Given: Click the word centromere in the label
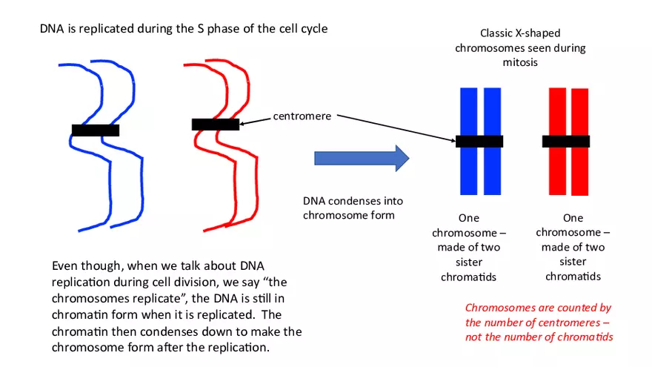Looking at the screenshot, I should (302, 116).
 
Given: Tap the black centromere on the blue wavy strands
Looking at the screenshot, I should (96, 130).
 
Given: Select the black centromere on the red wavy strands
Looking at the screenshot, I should (215, 125).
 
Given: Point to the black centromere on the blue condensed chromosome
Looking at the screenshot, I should (479, 142).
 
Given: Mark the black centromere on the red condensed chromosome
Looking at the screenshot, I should (566, 141).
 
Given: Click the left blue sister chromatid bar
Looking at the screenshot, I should (468, 178).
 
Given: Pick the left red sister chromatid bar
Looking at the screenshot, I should (557, 178).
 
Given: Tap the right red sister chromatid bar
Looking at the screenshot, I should (579, 178).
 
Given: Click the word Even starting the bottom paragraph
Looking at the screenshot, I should (66, 265).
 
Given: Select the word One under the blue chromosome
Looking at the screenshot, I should (469, 218).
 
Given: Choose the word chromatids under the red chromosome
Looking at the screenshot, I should (573, 277).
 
